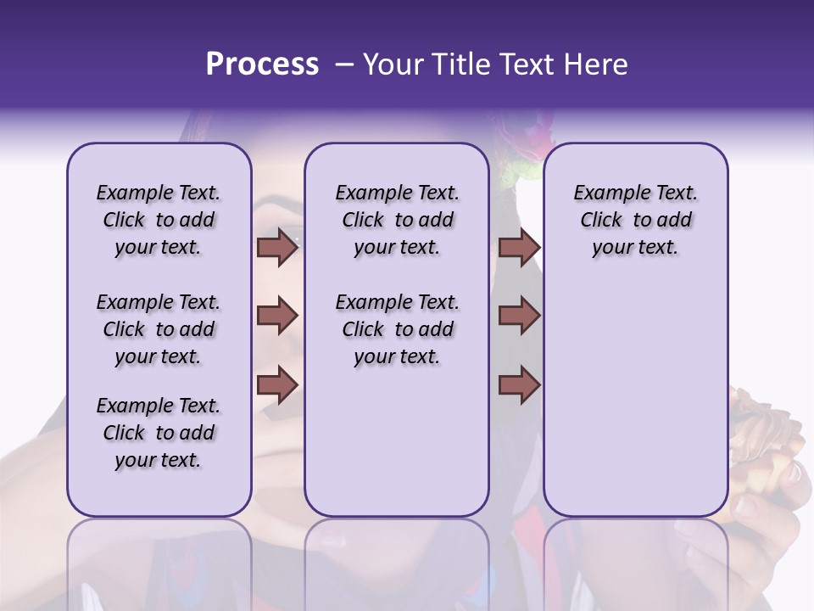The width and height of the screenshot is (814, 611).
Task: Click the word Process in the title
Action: click(x=262, y=64)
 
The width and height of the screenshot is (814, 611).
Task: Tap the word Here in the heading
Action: click(x=596, y=64)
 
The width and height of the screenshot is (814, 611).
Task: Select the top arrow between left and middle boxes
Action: click(x=277, y=248)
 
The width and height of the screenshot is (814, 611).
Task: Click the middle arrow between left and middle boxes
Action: click(x=277, y=316)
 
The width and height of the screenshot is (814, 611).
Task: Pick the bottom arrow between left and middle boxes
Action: click(x=277, y=384)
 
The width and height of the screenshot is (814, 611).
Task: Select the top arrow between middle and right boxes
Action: click(x=519, y=248)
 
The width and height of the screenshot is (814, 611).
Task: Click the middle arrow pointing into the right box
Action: click(x=519, y=316)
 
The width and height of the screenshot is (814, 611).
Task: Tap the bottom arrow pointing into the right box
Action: click(x=519, y=384)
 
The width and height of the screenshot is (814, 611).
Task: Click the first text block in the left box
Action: click(x=159, y=220)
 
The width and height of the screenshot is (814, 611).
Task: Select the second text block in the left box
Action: click(x=159, y=329)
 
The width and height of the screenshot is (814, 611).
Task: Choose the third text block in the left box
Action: click(x=159, y=433)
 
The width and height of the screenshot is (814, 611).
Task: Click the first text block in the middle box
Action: click(x=397, y=220)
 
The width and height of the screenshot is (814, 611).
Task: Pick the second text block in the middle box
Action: click(x=397, y=329)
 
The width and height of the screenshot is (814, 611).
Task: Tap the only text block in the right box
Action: click(x=635, y=220)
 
